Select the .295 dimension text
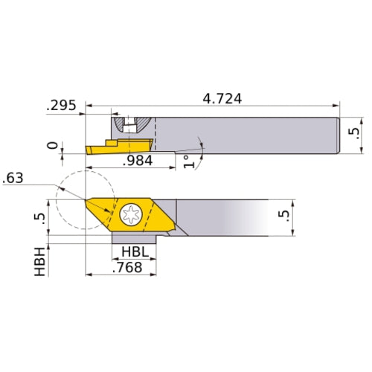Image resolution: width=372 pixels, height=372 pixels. coord(62,106)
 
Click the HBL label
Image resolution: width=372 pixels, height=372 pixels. coord(135,253)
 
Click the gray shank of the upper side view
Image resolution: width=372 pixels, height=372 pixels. coord(246,134)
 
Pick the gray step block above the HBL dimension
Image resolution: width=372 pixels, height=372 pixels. coord(138,238)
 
